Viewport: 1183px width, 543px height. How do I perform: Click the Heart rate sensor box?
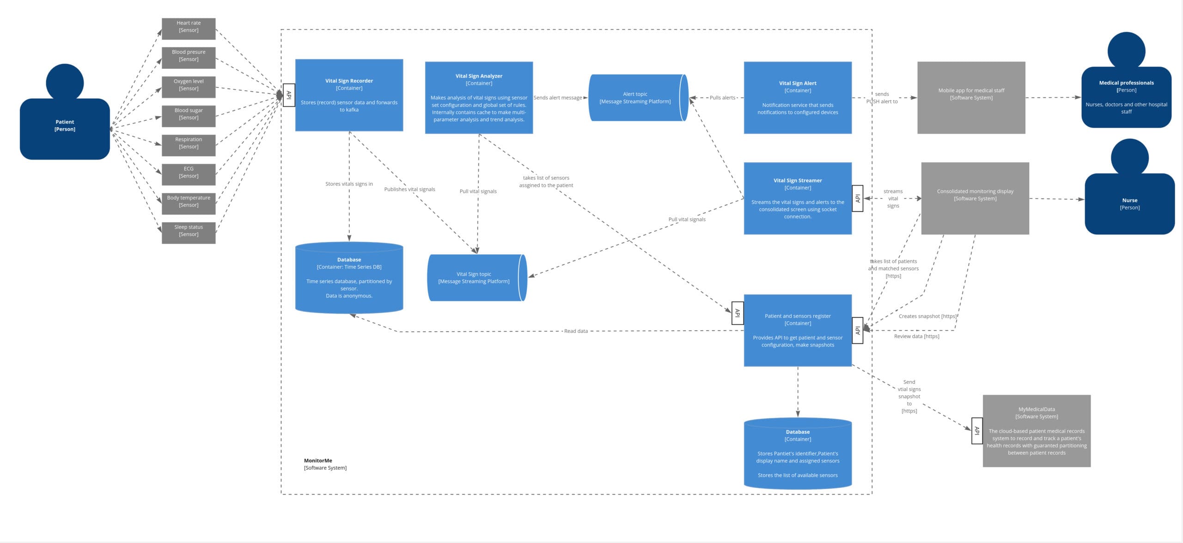coord(189,28)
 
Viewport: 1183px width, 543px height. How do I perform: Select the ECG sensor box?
coord(189,174)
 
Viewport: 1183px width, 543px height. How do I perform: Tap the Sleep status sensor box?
coord(189,233)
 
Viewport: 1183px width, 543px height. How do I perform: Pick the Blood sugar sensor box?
coord(189,116)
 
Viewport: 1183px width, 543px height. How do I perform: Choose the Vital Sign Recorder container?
coord(349,95)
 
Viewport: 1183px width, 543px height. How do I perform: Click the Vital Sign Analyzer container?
coord(479,98)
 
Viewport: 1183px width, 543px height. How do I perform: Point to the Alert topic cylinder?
coord(638,98)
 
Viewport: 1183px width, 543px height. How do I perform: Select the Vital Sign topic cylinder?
coord(476,278)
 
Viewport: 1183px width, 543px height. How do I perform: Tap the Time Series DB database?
coord(349,278)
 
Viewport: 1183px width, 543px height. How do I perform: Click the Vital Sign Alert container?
coord(798,98)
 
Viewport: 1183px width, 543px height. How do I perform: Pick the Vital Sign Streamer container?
coord(798,198)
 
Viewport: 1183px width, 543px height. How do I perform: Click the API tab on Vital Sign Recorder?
coord(289,95)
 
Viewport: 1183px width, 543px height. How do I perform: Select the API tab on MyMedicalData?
coord(976,431)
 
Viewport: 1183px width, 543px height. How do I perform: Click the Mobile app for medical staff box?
coord(971,98)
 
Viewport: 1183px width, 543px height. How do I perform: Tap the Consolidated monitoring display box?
coord(975,198)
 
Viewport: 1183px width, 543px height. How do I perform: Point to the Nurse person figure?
coord(1129,199)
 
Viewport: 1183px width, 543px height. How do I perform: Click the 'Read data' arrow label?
coord(576,331)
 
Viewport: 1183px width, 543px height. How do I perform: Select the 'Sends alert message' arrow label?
coord(558,98)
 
